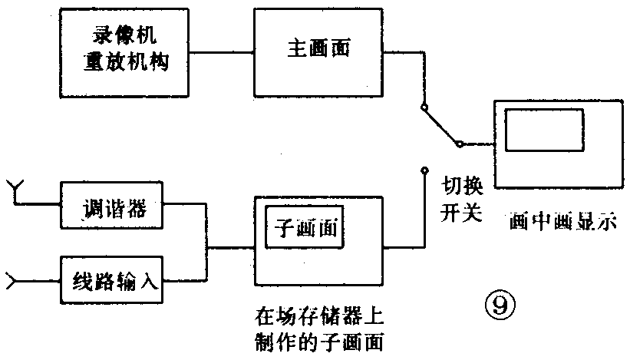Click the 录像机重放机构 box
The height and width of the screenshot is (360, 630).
click(125, 51)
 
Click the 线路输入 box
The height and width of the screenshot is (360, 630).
click(112, 280)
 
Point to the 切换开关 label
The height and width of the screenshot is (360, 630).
click(460, 199)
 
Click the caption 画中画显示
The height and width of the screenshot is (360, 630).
click(563, 223)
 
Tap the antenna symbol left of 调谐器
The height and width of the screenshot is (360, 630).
click(14, 189)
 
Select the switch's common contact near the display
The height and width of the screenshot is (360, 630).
click(458, 144)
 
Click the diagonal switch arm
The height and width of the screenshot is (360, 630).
click(440, 125)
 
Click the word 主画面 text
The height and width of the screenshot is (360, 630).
click(318, 49)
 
